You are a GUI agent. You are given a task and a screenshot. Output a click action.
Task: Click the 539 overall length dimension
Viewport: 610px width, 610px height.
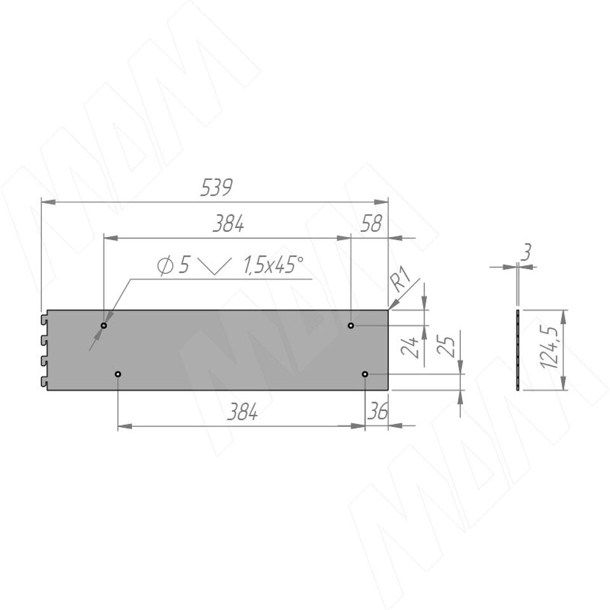(x=216, y=187)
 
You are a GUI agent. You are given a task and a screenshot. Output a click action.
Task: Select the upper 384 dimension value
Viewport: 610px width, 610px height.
(x=228, y=224)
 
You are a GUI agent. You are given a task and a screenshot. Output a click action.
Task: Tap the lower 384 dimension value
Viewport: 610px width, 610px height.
(x=242, y=412)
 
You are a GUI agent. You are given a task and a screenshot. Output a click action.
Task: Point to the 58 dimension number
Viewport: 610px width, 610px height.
(x=370, y=223)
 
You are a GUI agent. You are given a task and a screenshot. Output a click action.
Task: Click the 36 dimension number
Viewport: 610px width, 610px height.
(x=377, y=411)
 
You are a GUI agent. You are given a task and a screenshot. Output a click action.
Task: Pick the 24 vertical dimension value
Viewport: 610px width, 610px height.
(x=410, y=347)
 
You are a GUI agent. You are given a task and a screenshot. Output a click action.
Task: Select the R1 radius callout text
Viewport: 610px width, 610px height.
(x=400, y=280)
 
